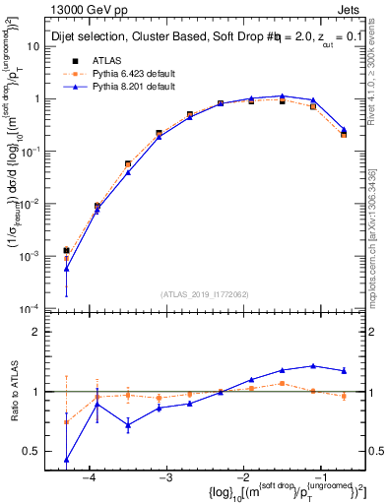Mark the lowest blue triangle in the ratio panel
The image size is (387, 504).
(67, 460)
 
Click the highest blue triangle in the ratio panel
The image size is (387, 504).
(313, 365)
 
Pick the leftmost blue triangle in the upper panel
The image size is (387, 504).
(67, 268)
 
